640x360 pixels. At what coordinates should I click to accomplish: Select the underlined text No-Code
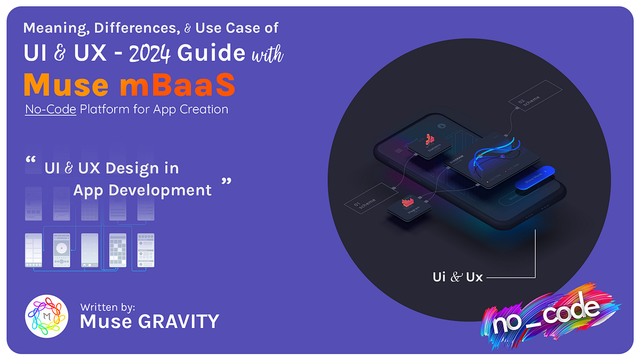[51, 109]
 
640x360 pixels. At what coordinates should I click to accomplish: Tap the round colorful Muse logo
[46, 316]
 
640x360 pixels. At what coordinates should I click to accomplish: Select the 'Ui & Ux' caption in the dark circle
[457, 277]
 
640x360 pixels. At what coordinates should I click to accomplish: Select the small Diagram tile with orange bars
[409, 207]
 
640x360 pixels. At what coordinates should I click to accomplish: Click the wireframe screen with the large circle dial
[61, 250]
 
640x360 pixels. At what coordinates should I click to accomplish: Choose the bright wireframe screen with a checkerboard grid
[117, 250]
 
